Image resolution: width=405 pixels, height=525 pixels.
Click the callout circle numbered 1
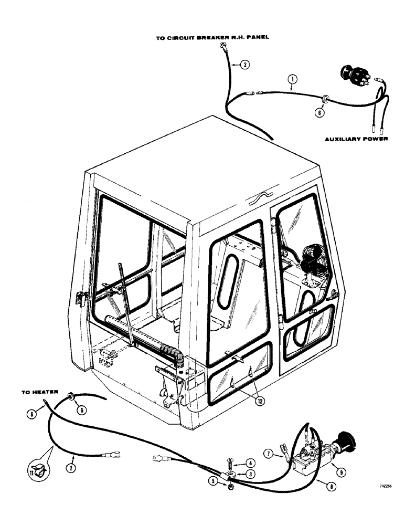(293, 80)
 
